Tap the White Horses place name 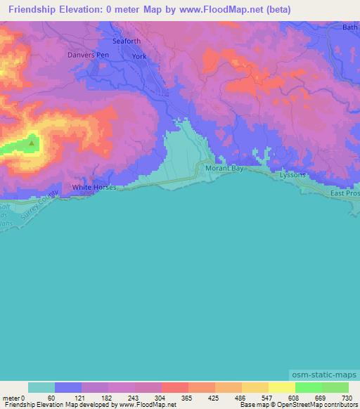click(x=94, y=188)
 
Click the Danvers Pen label click(x=89, y=54)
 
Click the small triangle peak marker click(x=32, y=143)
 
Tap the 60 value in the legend click(x=51, y=398)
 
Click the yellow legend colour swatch click(x=281, y=387)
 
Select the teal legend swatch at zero click(x=41, y=387)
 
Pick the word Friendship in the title click(x=34, y=10)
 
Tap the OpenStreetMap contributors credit click(x=317, y=405)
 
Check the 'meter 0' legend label click(x=13, y=398)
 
